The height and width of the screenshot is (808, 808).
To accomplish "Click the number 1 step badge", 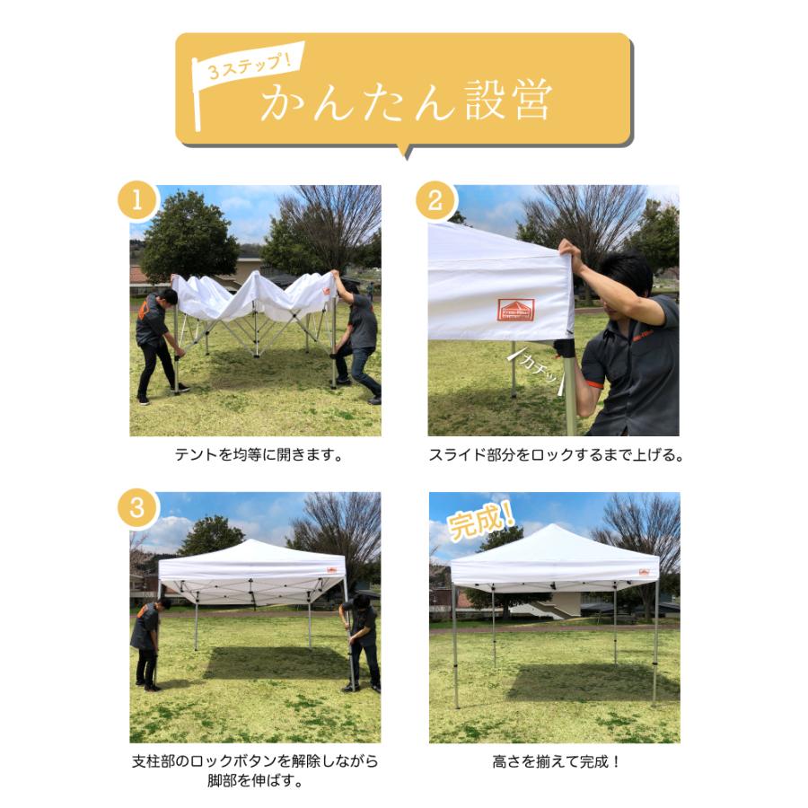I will click(137, 202).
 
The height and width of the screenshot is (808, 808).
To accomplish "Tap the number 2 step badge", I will click(435, 202).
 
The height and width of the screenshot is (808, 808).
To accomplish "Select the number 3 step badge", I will click(137, 509).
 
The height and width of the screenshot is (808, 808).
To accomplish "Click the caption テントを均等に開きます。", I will click(259, 455).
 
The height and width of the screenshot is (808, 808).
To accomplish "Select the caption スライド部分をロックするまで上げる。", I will click(556, 455).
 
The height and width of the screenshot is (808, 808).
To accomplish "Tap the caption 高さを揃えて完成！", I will click(557, 762).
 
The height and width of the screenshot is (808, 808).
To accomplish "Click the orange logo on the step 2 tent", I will click(515, 310).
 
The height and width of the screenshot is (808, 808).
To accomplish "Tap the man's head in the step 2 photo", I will click(627, 274).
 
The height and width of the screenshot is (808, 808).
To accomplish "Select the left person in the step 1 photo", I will click(156, 341).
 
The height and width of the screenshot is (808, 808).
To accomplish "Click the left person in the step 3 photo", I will click(148, 642).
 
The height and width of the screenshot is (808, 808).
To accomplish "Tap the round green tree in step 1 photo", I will click(189, 235).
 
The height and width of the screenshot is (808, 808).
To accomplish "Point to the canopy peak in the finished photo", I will click(553, 529).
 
